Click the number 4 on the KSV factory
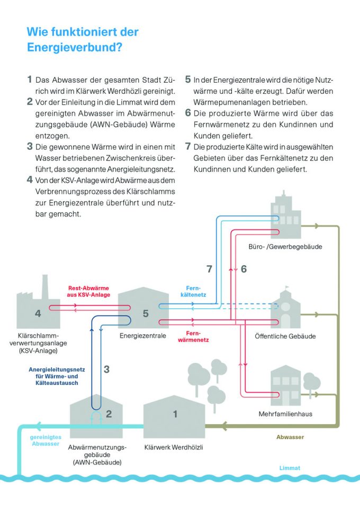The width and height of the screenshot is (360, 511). tap(38, 313)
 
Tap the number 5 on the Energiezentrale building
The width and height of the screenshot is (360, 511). tap(146, 313)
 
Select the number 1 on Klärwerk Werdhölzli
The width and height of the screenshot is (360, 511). tap(175, 414)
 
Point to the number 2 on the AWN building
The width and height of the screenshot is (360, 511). tap(109, 414)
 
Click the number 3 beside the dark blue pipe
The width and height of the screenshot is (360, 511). tap(106, 369)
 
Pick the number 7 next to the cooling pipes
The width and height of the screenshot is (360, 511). tap(209, 269)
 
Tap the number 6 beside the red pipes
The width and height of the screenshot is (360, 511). tap(244, 269)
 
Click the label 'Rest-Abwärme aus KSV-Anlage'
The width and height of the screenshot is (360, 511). tap(88, 291)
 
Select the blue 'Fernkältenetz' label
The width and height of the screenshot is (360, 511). tap(193, 291)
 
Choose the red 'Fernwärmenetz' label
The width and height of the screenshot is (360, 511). tap(193, 336)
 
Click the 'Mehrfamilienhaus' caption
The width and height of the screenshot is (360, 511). tap(285, 414)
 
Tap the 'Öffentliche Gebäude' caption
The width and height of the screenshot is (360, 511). tap(285, 336)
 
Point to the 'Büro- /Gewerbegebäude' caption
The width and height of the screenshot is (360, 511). tap(285, 247)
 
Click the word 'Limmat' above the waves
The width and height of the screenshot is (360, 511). tap(290, 468)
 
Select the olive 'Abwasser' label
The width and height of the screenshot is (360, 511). tap(290, 437)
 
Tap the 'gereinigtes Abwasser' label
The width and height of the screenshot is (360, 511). tap(46, 440)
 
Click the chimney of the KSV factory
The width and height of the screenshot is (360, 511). tap(45, 287)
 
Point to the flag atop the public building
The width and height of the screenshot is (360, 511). tap(287, 287)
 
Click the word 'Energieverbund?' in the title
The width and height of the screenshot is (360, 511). tap(75, 47)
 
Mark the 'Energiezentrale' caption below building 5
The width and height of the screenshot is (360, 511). tap(143, 336)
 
